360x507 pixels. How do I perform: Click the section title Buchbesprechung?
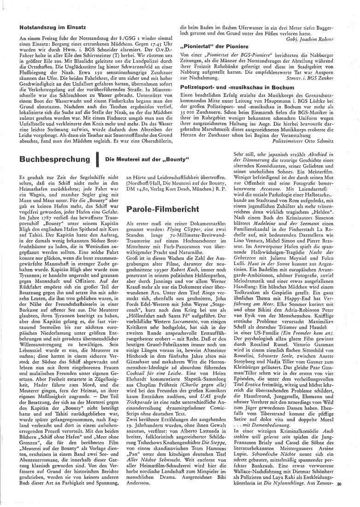pos(55,160)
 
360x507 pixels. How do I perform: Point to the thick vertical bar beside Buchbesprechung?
pos(98,160)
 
